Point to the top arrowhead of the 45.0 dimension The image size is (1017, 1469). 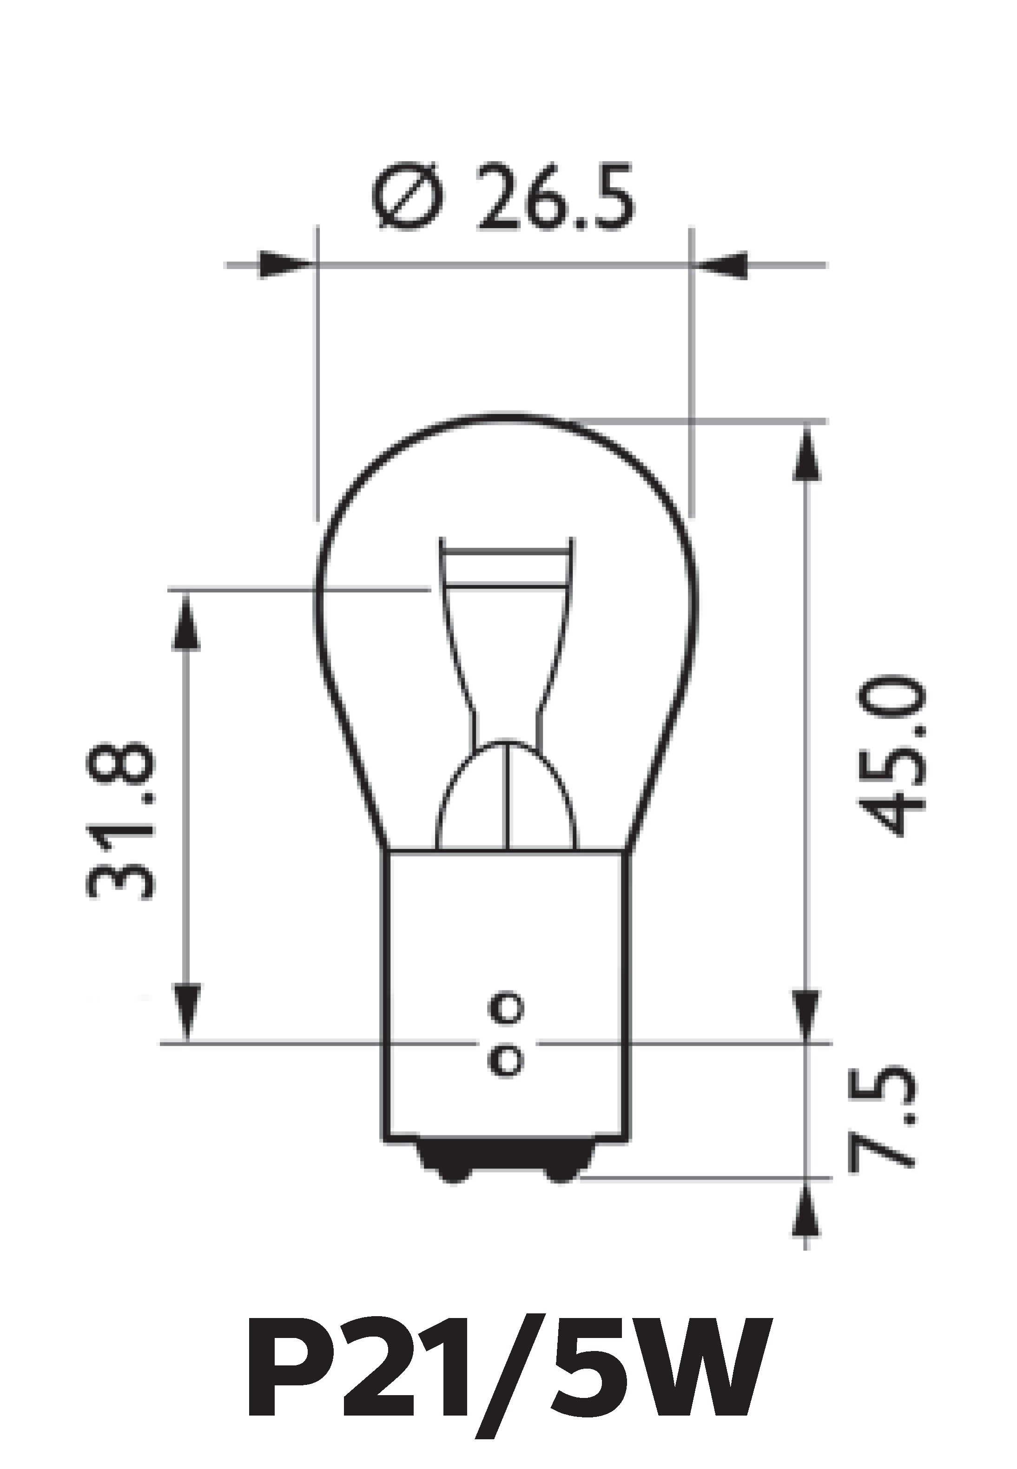[806, 453]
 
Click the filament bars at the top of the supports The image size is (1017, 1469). [506, 565]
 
